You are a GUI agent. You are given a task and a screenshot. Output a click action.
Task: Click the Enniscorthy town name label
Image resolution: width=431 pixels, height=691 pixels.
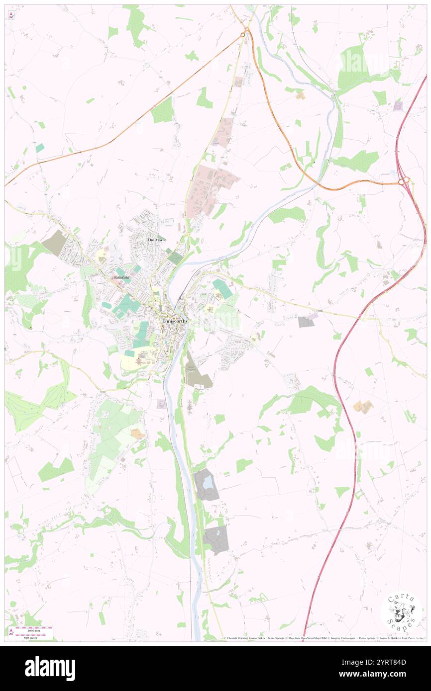175,321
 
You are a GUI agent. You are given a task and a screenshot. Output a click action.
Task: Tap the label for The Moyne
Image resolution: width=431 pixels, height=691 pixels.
157,240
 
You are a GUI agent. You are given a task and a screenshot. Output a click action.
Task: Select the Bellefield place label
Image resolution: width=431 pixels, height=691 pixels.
122,277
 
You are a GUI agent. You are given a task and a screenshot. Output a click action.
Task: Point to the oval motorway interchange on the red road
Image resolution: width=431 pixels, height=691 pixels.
405,181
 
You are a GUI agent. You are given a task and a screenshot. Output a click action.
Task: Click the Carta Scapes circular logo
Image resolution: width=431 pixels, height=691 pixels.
402,612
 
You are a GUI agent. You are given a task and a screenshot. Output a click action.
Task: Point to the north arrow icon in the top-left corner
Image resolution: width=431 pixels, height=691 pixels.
11,15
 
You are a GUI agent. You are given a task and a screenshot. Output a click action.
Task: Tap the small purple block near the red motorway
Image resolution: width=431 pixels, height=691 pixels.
398,105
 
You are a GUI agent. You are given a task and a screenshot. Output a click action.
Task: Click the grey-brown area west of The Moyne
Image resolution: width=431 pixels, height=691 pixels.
55,242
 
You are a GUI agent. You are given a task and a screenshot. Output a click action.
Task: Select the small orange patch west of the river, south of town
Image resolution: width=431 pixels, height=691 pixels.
137,433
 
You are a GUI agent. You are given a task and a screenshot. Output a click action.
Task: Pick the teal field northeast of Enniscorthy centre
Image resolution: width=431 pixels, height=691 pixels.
222,288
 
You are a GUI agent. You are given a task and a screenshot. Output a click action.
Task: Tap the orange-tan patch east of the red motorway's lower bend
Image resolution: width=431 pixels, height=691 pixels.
363,407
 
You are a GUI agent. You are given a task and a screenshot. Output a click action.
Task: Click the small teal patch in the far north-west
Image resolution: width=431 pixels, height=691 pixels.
39,148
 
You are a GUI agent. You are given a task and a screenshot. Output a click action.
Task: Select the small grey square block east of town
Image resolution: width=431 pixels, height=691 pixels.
306,322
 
